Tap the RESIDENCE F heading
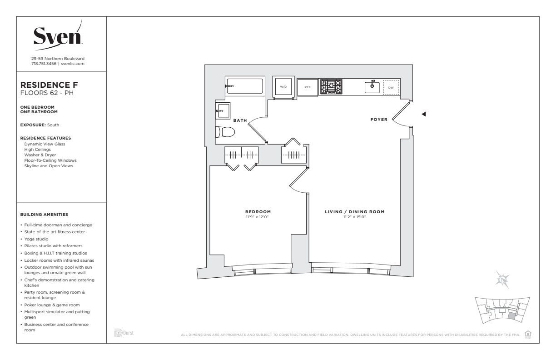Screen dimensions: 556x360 49,85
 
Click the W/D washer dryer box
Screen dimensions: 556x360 283,87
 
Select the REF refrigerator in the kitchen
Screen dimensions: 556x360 308,87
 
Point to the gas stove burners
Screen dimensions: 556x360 331,87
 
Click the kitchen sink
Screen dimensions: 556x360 372,87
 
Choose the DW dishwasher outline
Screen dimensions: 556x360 391,87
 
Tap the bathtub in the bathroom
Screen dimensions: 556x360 245,86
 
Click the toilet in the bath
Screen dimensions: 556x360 225,132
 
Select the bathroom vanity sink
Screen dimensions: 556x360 223,111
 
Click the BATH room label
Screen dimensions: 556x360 240,120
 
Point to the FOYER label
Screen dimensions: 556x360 379,120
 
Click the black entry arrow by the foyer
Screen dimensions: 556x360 424,114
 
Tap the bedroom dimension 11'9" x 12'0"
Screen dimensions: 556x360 258,217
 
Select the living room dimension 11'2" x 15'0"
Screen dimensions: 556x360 354,217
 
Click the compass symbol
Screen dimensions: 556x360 502,280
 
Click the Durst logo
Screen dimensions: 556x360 124,333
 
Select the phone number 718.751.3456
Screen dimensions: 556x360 44,64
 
